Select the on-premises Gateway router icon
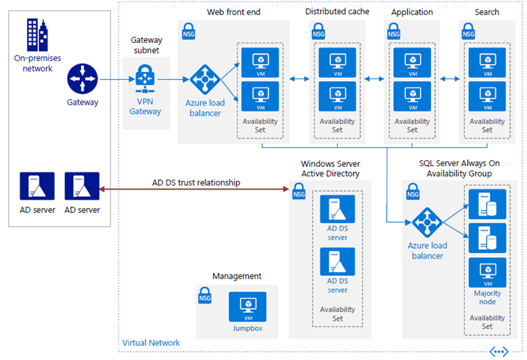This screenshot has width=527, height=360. pos(82,80)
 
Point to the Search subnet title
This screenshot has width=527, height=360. pos(487,12)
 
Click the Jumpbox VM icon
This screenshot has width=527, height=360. pos(247,307)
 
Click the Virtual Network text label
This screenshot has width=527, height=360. pos(151,343)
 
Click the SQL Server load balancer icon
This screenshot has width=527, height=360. pos(427,224)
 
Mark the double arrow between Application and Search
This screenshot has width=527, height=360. pos(450,79)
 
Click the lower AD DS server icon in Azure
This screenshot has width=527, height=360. pos(337,262)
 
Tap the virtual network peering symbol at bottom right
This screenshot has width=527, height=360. pos(499,351)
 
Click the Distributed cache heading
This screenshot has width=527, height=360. pos(337,12)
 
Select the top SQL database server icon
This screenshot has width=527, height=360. pos(487,204)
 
